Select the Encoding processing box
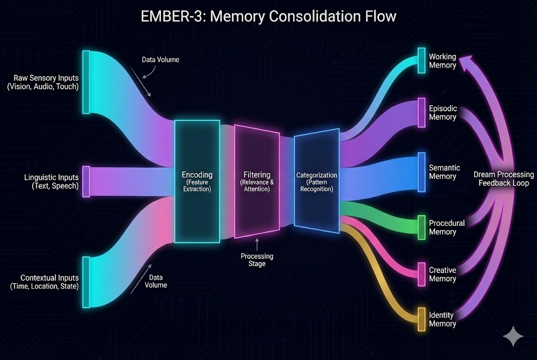coord(197,181)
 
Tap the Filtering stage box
coord(257,181)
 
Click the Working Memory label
coord(442,61)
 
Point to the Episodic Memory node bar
coord(421,112)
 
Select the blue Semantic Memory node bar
coord(421,172)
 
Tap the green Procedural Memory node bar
coord(421,227)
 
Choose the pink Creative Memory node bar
coord(421,274)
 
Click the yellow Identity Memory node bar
coord(421,319)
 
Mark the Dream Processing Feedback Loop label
coord(503,179)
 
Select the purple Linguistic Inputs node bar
coord(86,181)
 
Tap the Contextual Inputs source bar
coord(86,281)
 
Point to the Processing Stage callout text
coord(257,260)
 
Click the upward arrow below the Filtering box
coord(257,244)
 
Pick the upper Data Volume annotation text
coord(160,60)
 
